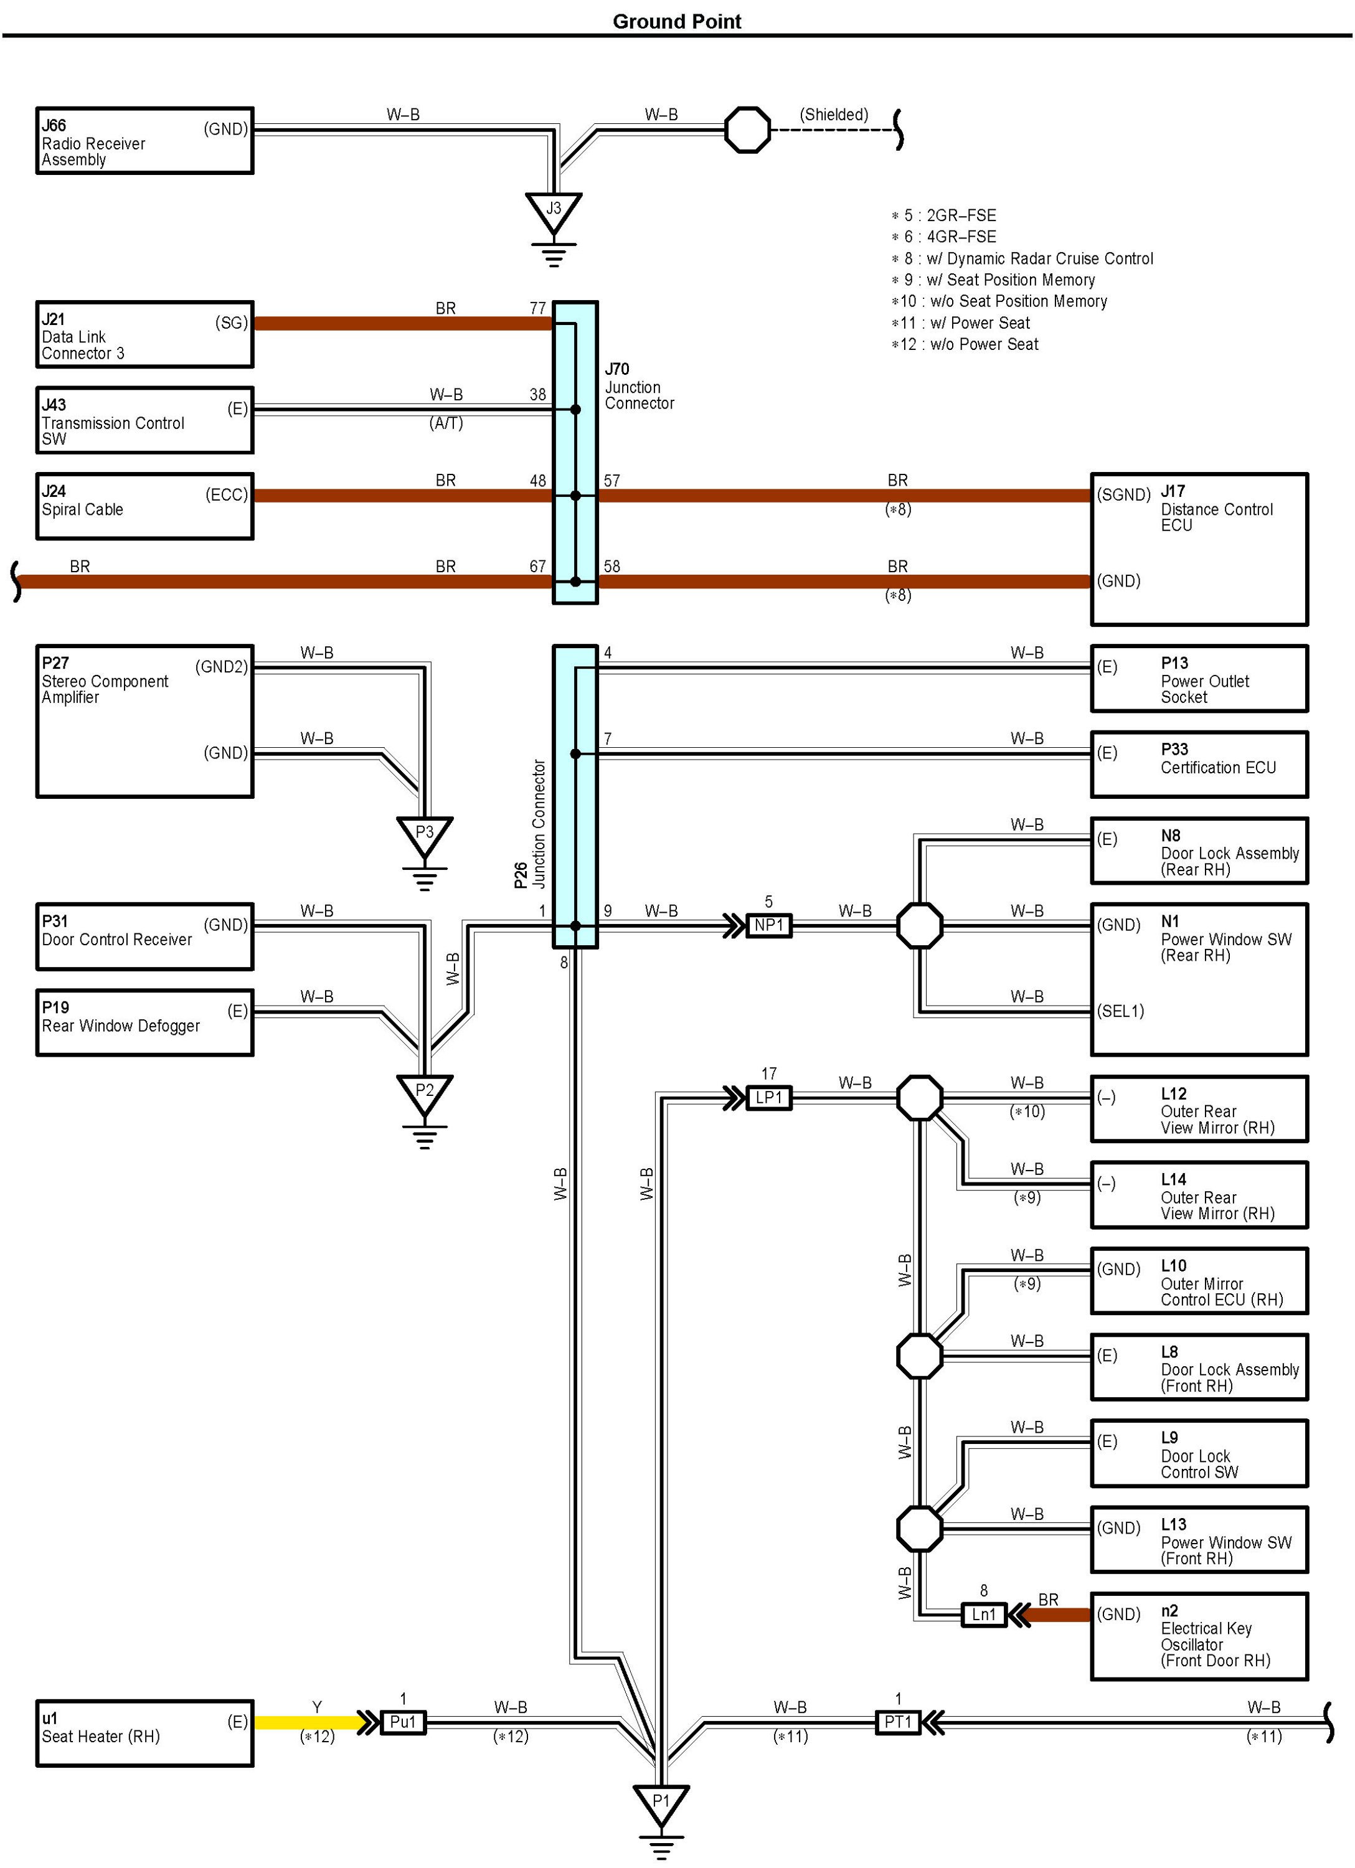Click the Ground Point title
click(x=676, y=21)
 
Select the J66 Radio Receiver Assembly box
click(x=144, y=141)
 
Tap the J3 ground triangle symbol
click(x=554, y=212)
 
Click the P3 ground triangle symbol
click(x=424, y=835)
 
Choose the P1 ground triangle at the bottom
click(x=661, y=1804)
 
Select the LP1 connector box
click(x=768, y=1098)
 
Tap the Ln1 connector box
click(x=983, y=1615)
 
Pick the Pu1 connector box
click(x=403, y=1722)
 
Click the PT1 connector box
click(x=898, y=1722)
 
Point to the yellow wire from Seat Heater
click(x=309, y=1722)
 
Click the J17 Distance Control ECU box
click(x=1199, y=549)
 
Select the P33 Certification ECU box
click(x=1199, y=765)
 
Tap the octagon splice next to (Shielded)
click(x=747, y=130)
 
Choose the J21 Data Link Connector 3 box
click(x=144, y=334)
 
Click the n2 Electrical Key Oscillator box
click(x=1199, y=1636)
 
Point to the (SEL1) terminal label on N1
click(x=1120, y=1011)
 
